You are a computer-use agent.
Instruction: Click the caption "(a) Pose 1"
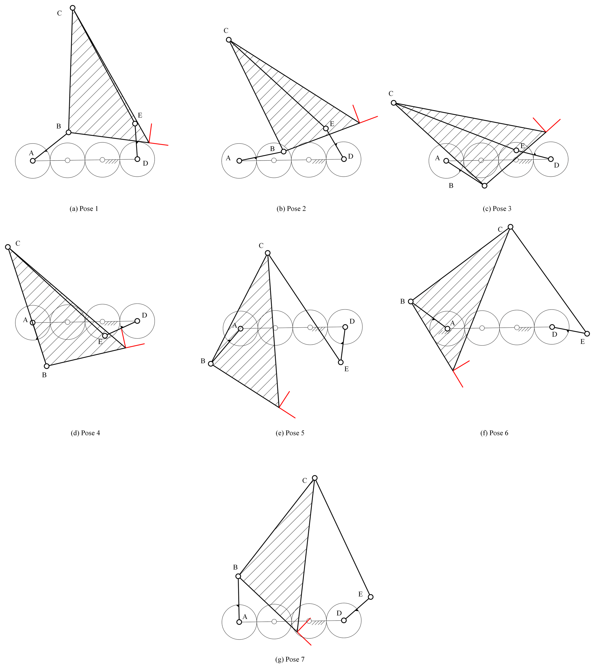(x=84, y=209)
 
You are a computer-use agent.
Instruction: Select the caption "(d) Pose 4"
(x=85, y=433)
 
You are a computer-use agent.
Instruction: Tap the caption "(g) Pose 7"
(x=290, y=659)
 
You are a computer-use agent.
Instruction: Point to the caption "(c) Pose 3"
(x=497, y=209)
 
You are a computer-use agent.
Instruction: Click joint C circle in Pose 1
(x=73, y=8)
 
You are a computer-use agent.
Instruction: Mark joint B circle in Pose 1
(x=69, y=132)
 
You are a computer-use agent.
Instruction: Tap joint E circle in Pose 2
(x=326, y=128)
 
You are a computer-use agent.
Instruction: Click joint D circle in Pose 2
(x=344, y=159)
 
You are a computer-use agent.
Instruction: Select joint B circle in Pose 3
(x=484, y=186)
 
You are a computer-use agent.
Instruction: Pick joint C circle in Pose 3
(x=394, y=103)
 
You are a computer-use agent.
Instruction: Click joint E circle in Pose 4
(x=105, y=336)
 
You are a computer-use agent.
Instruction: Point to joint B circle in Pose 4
(x=47, y=366)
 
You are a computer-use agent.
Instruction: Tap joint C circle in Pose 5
(x=268, y=253)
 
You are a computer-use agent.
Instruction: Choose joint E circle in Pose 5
(x=341, y=362)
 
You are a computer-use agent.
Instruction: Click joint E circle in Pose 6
(x=587, y=334)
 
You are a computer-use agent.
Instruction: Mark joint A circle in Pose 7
(x=239, y=622)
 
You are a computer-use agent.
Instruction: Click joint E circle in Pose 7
(x=370, y=597)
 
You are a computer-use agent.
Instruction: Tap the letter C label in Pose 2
(x=226, y=31)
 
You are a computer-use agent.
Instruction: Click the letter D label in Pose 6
(x=554, y=335)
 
